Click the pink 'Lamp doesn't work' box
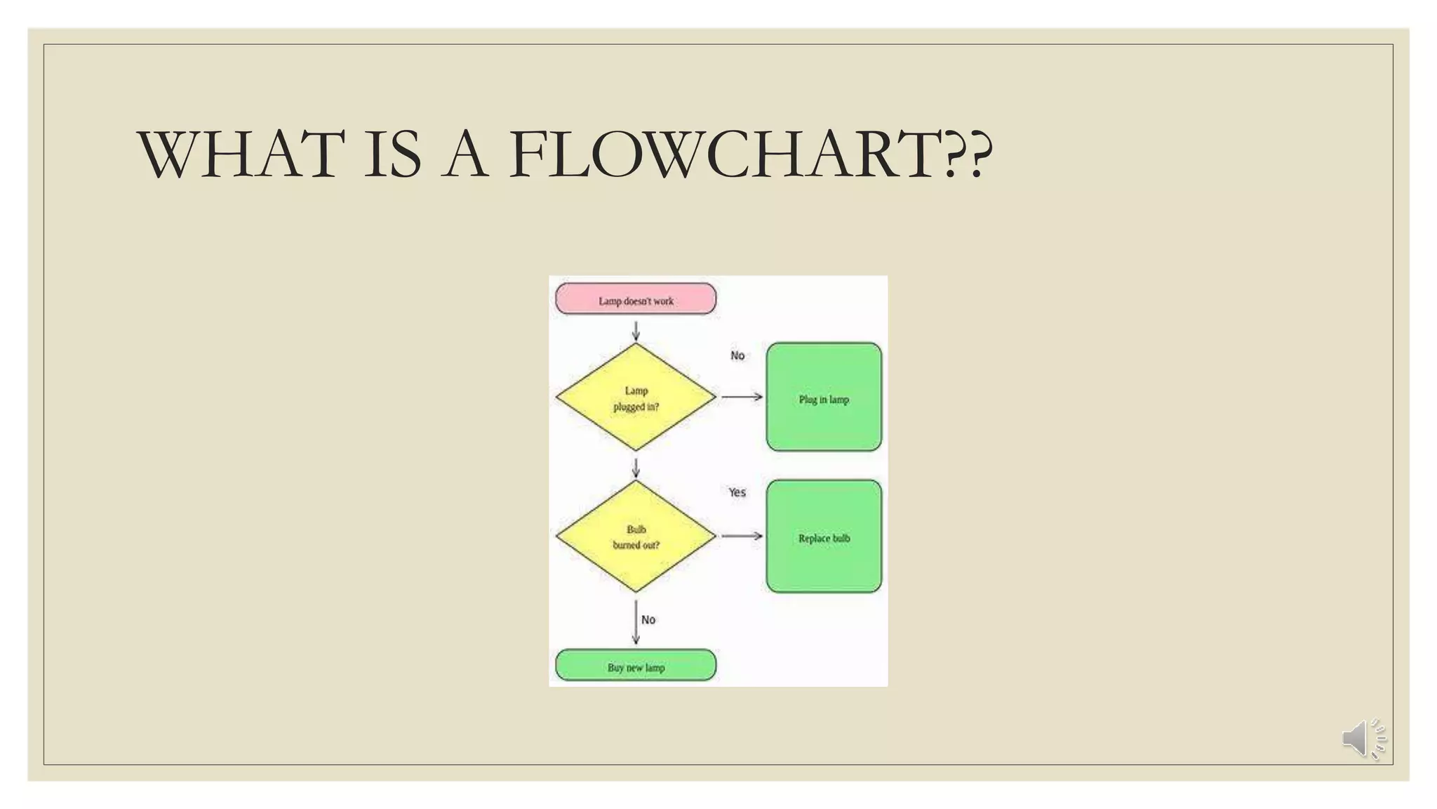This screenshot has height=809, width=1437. pos(636,299)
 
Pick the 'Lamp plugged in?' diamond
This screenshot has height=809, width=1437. pos(636,397)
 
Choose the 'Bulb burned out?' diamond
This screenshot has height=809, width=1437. pos(636,537)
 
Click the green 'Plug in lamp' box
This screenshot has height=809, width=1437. pos(824,397)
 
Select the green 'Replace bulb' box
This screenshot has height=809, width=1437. pos(824,537)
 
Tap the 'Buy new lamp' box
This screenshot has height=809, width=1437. pos(636,666)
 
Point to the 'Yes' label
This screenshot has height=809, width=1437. pos(737,492)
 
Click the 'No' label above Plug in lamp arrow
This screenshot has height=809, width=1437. pos(737,355)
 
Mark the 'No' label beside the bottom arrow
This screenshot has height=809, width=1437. pos(648,619)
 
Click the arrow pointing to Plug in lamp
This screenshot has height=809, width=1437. pos(742,397)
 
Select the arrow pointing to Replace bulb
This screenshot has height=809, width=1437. pos(742,536)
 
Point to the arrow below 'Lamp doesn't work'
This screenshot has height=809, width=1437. pos(636,331)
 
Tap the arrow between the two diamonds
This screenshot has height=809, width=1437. pos(636,468)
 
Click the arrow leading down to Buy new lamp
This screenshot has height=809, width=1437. pos(636,622)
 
